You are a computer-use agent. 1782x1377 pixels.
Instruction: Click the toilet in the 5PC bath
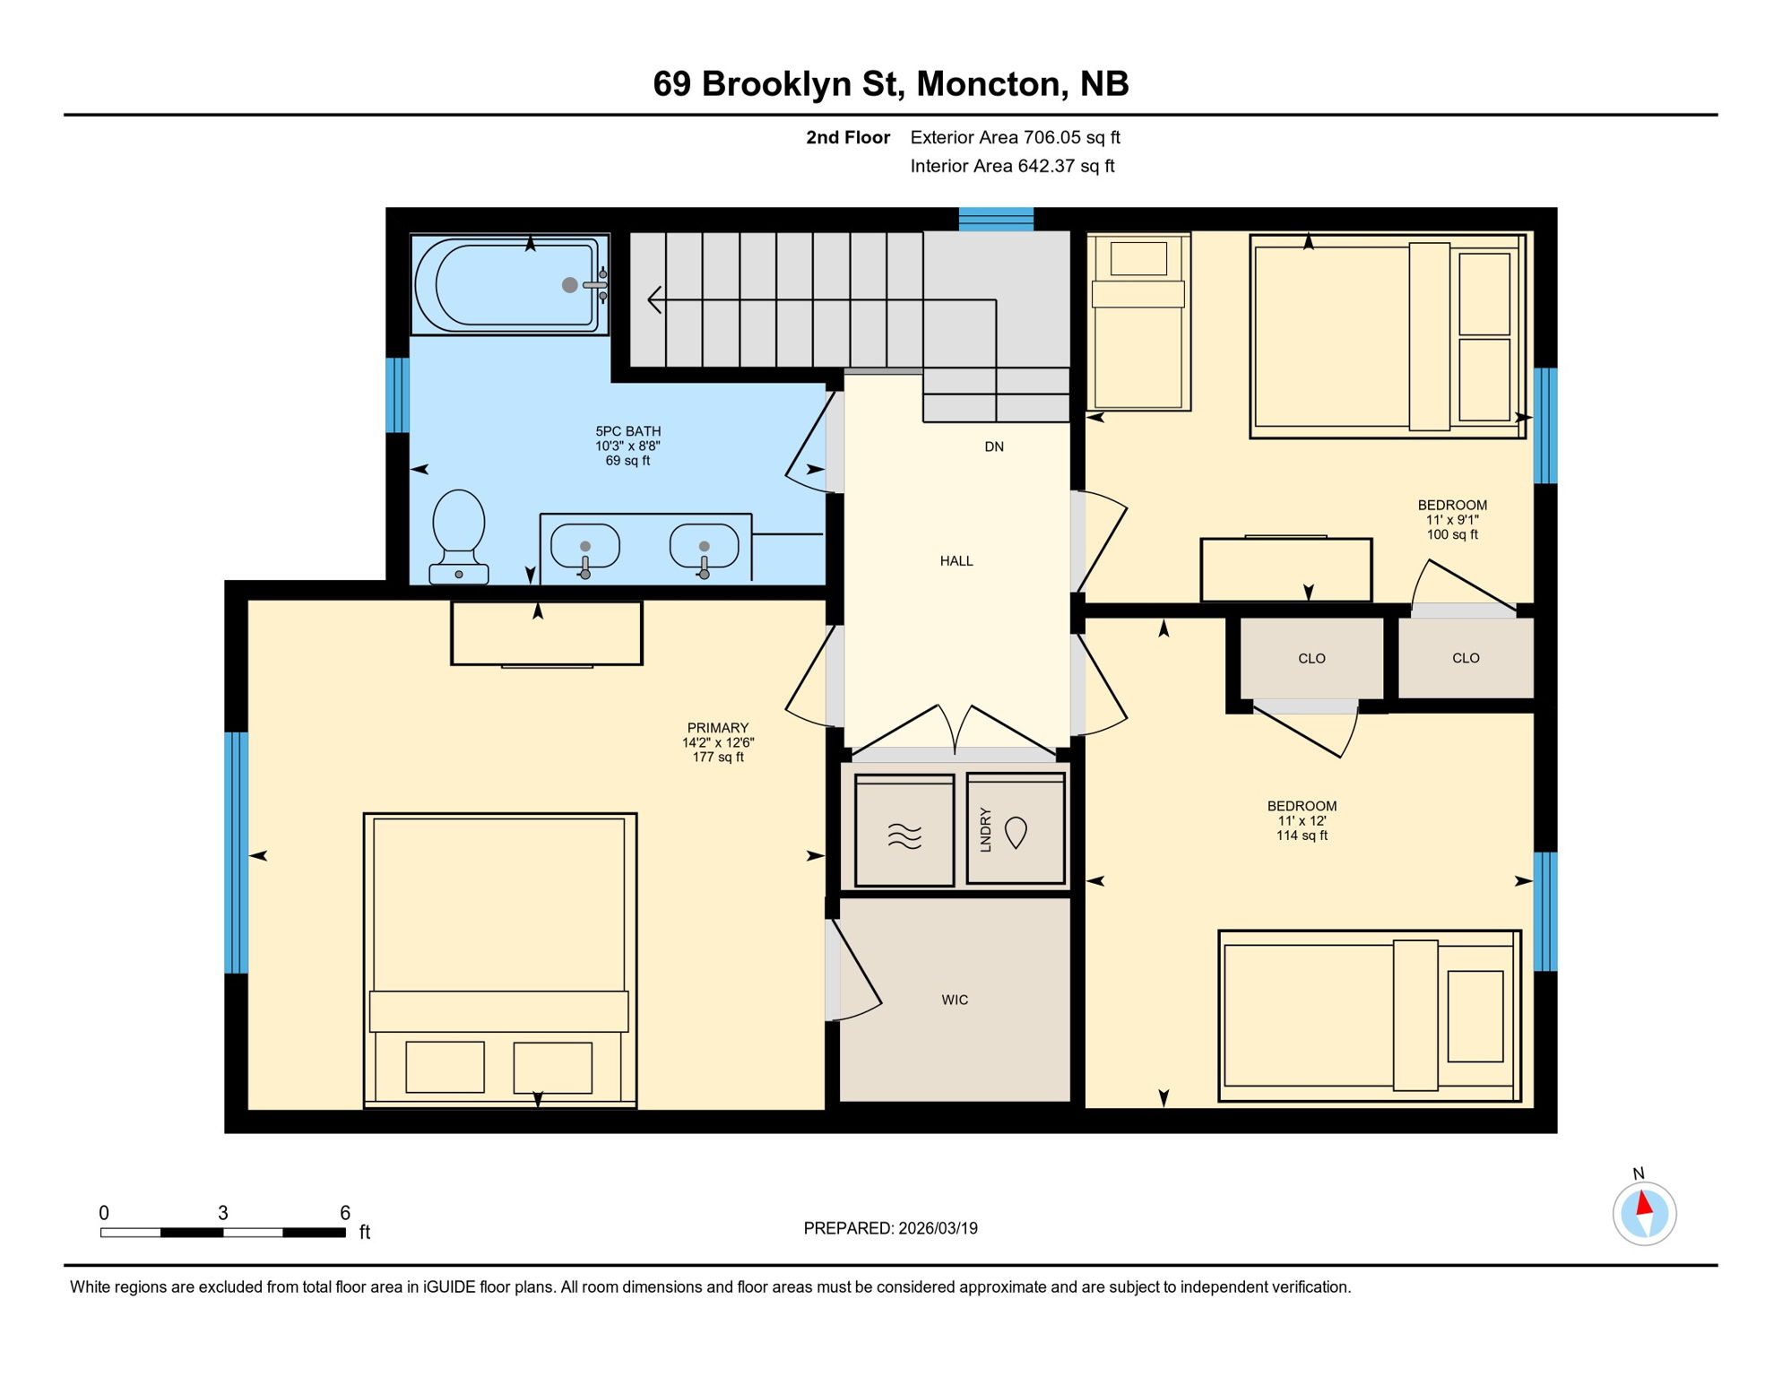(x=459, y=536)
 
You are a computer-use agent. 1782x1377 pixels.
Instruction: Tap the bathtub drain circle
(x=569, y=285)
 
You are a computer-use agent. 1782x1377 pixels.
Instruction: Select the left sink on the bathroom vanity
(x=584, y=546)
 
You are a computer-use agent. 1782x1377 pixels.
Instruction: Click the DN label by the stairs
(x=994, y=446)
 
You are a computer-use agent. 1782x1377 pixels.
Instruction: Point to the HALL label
(x=956, y=561)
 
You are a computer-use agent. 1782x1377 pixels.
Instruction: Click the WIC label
(x=955, y=1000)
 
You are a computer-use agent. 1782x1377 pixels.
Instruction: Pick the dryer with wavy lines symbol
(x=904, y=831)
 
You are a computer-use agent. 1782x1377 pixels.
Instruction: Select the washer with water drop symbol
(x=1016, y=831)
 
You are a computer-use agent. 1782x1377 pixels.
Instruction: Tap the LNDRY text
(x=986, y=829)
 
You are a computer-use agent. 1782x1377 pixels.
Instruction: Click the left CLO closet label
(x=1311, y=659)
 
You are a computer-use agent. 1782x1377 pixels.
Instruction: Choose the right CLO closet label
(x=1466, y=658)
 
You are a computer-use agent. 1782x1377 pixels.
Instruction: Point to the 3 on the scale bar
(x=223, y=1213)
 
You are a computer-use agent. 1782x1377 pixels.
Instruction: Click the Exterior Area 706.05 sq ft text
(x=1015, y=137)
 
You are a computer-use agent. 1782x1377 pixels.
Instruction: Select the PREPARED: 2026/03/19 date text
(x=890, y=1228)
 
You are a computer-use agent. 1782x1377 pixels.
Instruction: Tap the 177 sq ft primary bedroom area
(x=718, y=758)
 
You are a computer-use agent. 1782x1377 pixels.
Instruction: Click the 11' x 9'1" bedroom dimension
(x=1452, y=520)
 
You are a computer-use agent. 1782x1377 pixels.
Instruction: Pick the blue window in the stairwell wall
(x=996, y=219)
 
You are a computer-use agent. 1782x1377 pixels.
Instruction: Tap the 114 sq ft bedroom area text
(x=1302, y=836)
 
